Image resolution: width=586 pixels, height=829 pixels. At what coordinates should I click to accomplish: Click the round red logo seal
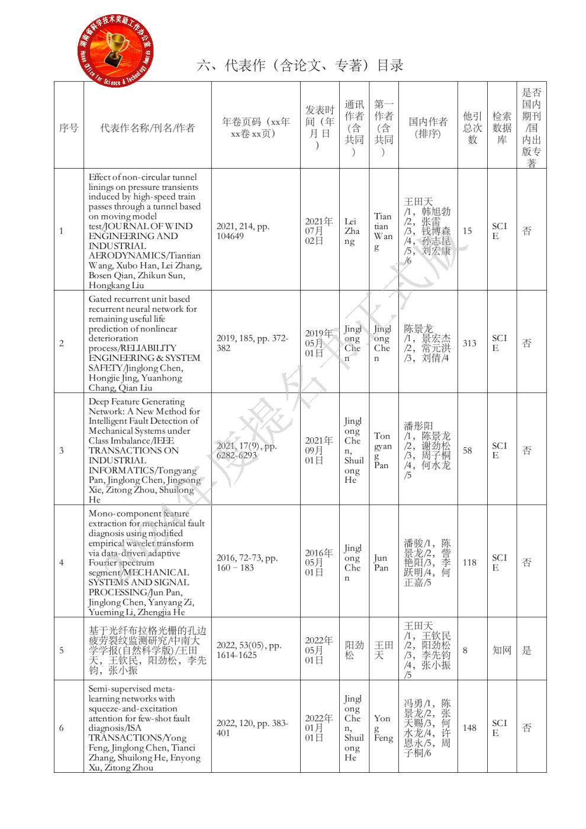(x=116, y=49)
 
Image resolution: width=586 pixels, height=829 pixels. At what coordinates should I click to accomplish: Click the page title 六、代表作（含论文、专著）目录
(x=300, y=65)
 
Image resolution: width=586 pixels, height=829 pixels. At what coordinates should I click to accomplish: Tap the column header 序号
(x=69, y=128)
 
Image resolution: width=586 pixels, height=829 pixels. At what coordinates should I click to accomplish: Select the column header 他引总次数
(x=472, y=128)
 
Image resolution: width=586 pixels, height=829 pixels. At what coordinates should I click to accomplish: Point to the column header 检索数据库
(x=501, y=128)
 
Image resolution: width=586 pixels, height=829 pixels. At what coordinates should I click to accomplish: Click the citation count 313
(x=469, y=343)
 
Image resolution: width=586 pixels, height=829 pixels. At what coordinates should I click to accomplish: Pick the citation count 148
(x=469, y=728)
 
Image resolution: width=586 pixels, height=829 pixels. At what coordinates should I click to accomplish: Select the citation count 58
(x=468, y=450)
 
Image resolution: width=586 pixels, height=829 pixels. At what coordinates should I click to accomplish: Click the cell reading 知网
(x=501, y=650)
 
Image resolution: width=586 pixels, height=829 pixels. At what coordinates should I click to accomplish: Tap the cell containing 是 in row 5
(x=527, y=650)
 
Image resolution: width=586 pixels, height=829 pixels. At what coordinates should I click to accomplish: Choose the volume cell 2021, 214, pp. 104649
(x=243, y=231)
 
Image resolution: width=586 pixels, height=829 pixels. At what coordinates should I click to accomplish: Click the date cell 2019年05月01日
(x=319, y=343)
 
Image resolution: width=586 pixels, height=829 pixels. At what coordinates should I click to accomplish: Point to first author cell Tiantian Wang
(x=382, y=231)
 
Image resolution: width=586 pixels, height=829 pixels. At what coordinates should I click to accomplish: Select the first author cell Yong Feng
(x=383, y=728)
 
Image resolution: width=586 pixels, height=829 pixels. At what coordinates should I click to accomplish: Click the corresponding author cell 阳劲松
(x=354, y=650)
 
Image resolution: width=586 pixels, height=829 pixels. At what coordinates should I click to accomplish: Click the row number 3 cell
(x=62, y=450)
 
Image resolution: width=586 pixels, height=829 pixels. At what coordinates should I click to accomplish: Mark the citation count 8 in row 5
(x=465, y=650)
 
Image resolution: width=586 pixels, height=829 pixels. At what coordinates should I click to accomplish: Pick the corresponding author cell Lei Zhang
(x=352, y=231)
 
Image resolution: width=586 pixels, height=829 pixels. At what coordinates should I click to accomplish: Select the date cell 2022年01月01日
(x=319, y=728)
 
